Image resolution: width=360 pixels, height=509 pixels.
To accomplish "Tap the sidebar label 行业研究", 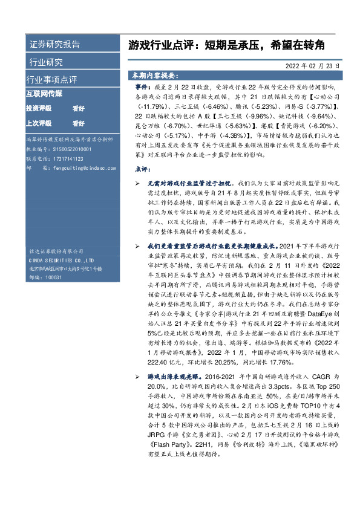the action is point(45,62).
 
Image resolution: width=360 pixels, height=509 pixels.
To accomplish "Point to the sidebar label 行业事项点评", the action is point(52,80).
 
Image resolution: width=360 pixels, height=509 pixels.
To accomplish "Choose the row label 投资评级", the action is point(39,109).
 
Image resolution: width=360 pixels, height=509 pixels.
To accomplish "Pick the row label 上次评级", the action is point(39,123).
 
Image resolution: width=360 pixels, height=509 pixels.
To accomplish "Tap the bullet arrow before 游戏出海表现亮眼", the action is point(138,377).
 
